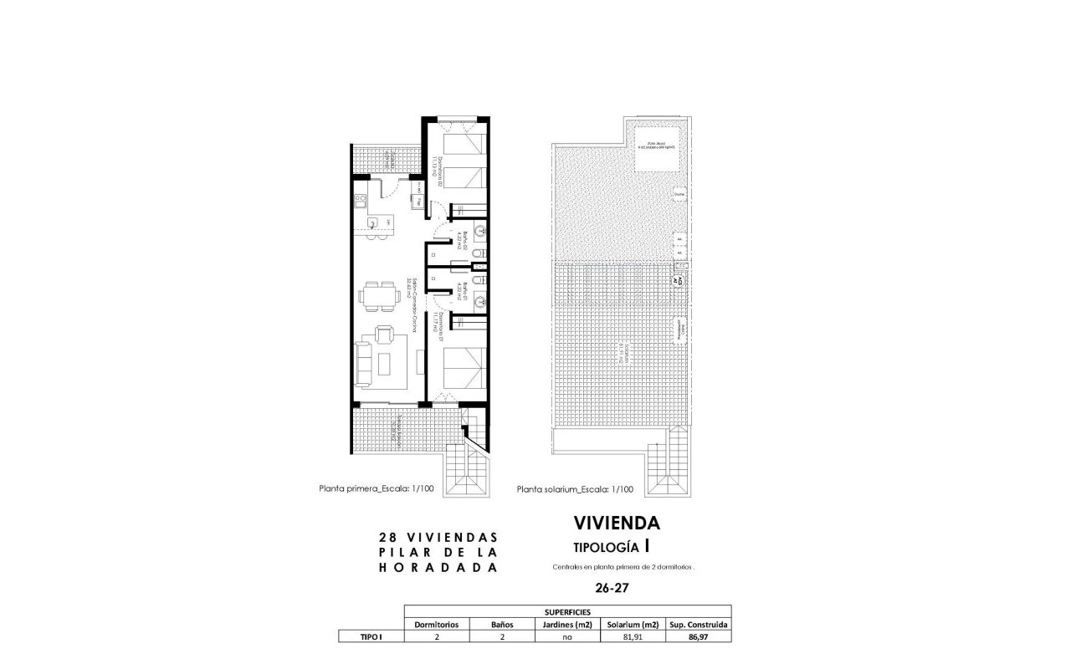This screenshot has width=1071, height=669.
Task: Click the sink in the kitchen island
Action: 372,222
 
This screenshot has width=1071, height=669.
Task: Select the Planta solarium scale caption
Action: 575,490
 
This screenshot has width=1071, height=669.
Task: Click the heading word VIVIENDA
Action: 617,523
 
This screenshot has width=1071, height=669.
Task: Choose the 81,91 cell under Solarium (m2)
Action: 633,636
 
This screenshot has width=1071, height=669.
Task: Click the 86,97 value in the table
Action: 699,636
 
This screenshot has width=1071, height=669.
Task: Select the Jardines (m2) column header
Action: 568,625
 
